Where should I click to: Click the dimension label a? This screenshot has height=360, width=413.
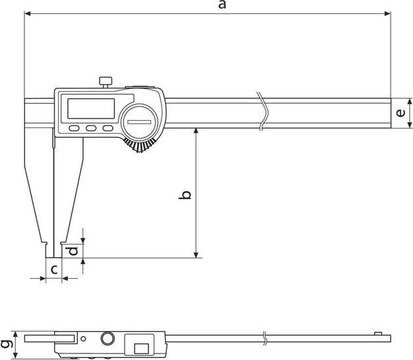click(x=222, y=5)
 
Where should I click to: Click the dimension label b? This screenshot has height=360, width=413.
click(x=187, y=196)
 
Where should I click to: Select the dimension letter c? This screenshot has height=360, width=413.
click(x=55, y=269)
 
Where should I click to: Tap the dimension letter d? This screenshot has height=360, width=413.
click(x=74, y=251)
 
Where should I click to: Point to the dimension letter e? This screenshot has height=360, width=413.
click(x=400, y=113)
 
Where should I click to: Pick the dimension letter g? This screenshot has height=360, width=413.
click(x=6, y=344)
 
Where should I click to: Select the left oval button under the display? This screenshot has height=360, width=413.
click(x=74, y=129)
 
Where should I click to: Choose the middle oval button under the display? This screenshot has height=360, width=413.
click(x=91, y=129)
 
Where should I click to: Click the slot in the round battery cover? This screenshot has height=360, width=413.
click(x=140, y=123)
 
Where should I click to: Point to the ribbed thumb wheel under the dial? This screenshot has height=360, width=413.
click(x=141, y=148)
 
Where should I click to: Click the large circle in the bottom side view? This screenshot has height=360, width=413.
click(x=107, y=339)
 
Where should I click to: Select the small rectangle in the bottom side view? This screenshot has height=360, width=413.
click(x=141, y=347)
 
